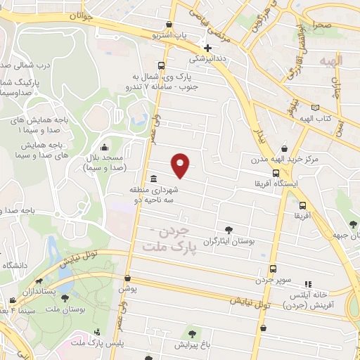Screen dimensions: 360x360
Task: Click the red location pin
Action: pos(181,165)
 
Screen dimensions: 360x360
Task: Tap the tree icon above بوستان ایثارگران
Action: pos(228,230)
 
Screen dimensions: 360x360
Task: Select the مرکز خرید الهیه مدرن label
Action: pos(284,160)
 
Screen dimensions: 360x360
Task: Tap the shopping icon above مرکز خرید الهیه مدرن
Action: pos(283,148)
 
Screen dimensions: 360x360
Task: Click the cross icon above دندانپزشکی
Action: pos(206,48)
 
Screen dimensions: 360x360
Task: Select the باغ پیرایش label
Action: pos(191,345)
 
